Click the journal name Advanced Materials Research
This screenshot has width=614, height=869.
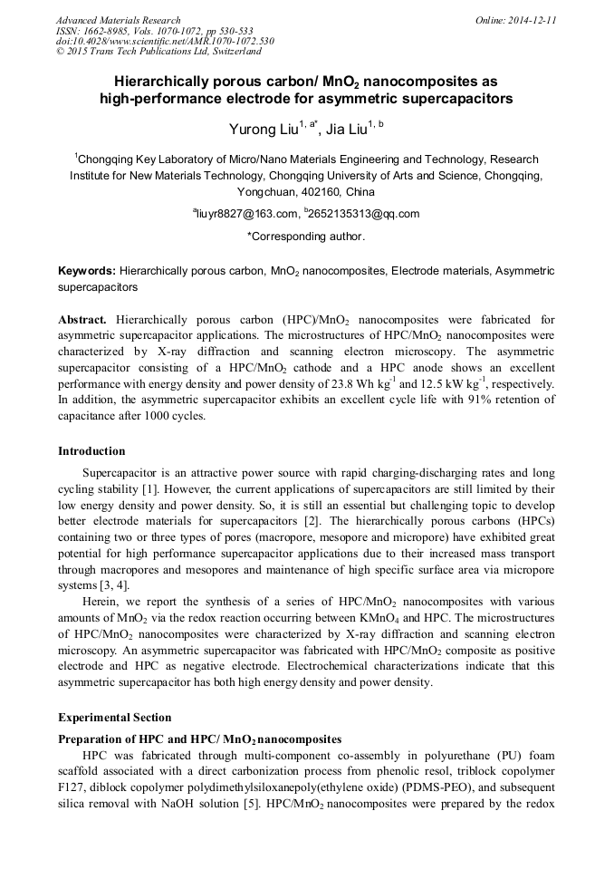click(118, 20)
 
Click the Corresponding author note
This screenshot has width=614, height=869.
click(306, 237)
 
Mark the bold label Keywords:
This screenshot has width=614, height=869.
click(86, 271)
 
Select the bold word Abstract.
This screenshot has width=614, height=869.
click(82, 320)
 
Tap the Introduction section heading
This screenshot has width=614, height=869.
click(91, 451)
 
